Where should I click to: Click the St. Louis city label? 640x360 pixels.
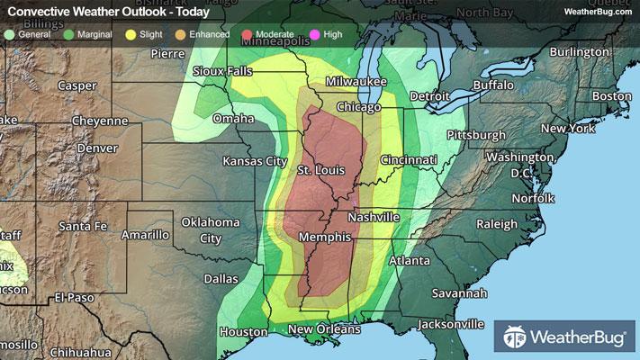pyautogui.click(x=320, y=171)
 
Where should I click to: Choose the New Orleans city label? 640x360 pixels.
pyautogui.click(x=324, y=329)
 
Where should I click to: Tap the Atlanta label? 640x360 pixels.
pyautogui.click(x=410, y=260)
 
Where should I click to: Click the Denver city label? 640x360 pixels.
pyautogui.click(x=97, y=148)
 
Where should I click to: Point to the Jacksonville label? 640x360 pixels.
pyautogui.click(x=450, y=324)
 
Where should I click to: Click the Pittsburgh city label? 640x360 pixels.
pyautogui.click(x=476, y=135)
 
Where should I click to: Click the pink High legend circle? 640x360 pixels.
pyautogui.click(x=314, y=34)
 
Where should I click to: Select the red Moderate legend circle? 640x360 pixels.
pyautogui.click(x=248, y=34)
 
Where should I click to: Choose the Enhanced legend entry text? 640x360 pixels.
pyautogui.click(x=210, y=34)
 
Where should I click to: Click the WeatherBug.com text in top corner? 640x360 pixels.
pyautogui.click(x=598, y=11)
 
